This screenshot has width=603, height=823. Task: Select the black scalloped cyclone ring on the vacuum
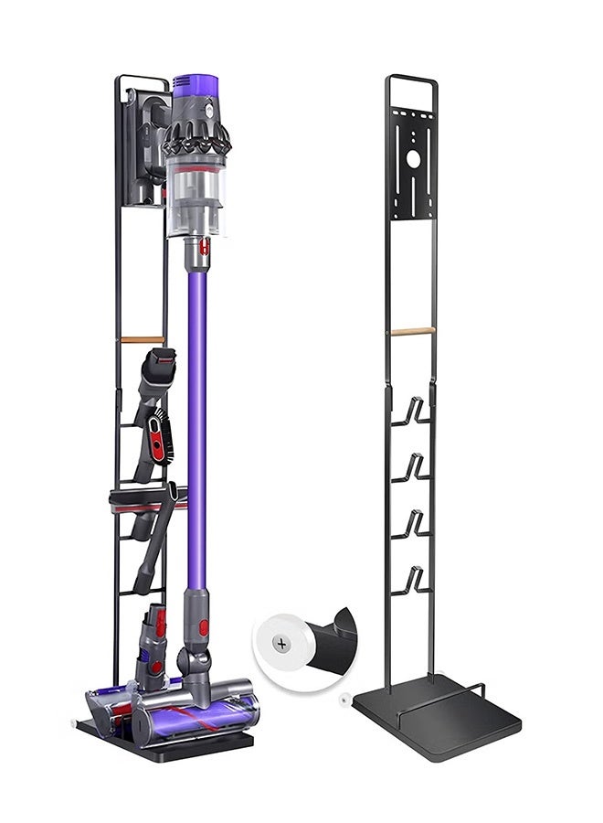[x=196, y=139]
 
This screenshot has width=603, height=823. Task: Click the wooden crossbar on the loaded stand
[x=143, y=339]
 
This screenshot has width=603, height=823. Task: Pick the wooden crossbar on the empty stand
[x=411, y=331]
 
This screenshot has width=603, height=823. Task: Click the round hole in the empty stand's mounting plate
[x=412, y=158]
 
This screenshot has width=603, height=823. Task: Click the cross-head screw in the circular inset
[x=281, y=644]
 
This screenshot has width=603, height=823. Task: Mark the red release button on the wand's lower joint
[x=203, y=627]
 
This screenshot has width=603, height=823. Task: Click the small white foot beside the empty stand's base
[x=344, y=700]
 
